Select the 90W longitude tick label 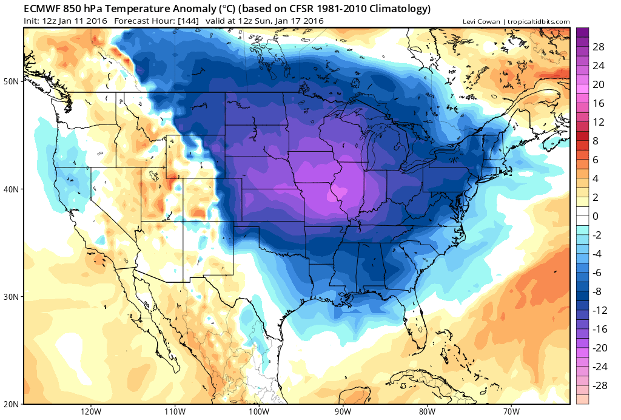click(x=343, y=411)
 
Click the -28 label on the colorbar click(x=599, y=385)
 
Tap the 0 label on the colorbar click(x=596, y=216)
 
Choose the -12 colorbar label click(x=599, y=310)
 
